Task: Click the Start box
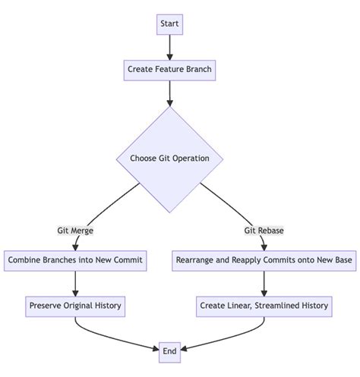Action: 169,24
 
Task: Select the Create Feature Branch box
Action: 169,70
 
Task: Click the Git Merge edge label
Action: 75,230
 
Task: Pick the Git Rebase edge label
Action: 264,230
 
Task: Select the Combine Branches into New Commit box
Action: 75,260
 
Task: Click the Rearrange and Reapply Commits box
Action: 264,260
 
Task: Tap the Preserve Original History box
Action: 75,306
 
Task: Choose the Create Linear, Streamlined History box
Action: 264,306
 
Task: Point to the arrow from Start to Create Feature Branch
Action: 169,47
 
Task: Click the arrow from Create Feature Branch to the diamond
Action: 169,93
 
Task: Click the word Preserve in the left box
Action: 47,306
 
